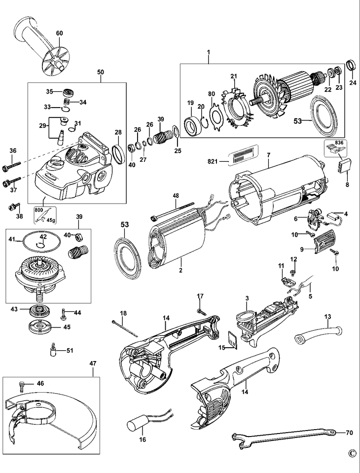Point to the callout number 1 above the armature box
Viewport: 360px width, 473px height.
(x=209, y=52)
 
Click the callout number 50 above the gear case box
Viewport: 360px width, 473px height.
(x=100, y=72)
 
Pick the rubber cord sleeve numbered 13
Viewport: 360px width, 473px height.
(x=315, y=332)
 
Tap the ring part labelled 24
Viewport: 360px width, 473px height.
(x=352, y=65)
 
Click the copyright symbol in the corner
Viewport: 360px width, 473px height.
(x=351, y=452)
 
